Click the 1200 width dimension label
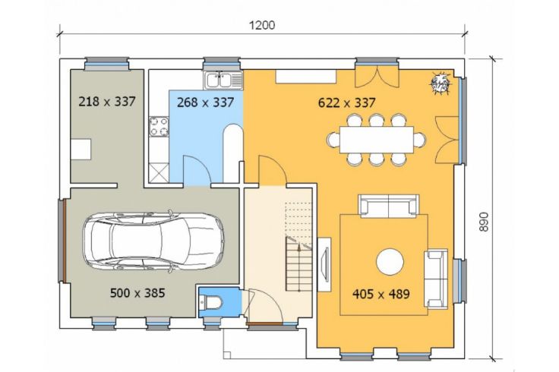point(262,25)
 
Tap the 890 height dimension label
point(483,222)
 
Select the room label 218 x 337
point(107,102)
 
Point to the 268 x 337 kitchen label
point(206,102)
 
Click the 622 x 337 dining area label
point(347,103)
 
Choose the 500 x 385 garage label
point(137,293)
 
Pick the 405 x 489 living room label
point(381,294)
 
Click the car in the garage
point(153,241)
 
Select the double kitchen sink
point(223,80)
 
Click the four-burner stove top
point(159,127)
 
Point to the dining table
point(377,140)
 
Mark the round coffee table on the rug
point(390,262)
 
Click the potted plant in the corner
point(441,84)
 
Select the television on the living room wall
point(324,264)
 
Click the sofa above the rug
point(389,206)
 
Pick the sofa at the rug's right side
point(436,279)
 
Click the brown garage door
point(65,241)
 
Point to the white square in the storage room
point(81,150)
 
